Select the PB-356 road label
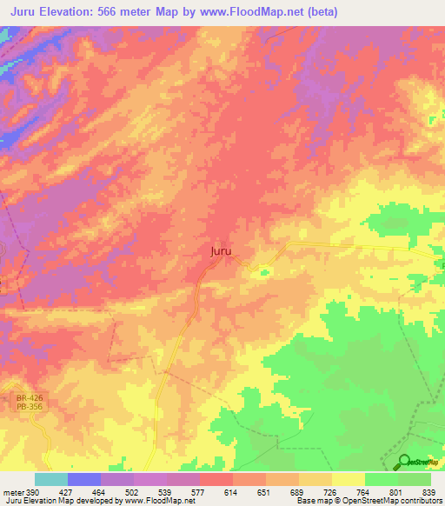click(x=29, y=408)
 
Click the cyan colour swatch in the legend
click(x=51, y=479)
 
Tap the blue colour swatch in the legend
click(x=84, y=479)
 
